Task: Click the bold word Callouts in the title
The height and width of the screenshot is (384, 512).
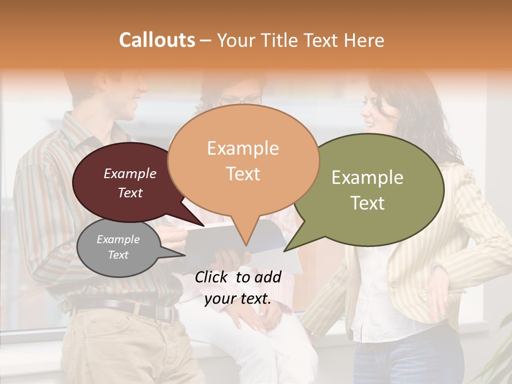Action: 157,40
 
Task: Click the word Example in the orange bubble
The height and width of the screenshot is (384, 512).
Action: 243,148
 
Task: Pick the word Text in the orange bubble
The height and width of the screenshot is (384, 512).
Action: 243,173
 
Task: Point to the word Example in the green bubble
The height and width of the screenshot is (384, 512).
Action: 367,178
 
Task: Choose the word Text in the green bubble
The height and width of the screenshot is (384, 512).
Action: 368,203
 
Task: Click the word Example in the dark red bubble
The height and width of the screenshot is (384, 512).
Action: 130,173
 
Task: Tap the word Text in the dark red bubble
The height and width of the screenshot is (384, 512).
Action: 130,193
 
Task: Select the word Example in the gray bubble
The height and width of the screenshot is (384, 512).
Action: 118,239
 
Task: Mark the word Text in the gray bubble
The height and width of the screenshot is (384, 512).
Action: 118,255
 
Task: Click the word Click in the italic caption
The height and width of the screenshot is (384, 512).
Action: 212,277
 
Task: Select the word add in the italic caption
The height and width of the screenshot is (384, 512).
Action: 268,277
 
